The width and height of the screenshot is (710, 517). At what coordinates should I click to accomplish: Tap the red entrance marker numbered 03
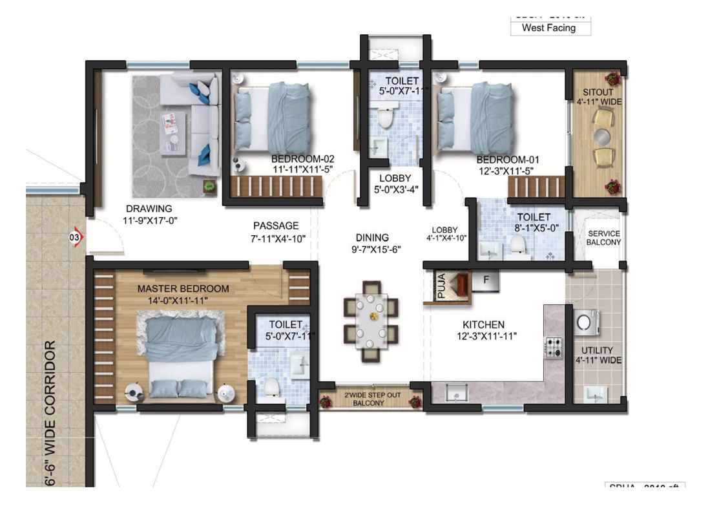tap(76, 238)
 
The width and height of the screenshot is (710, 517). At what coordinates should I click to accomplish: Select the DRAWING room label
tap(149, 209)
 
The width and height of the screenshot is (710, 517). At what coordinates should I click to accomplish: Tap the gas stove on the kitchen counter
tap(554, 348)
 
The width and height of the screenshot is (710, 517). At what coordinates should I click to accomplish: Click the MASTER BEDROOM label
tap(183, 289)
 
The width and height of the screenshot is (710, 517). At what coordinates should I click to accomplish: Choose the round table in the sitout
tap(602, 136)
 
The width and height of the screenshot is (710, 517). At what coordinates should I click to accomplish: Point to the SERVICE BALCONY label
tap(603, 238)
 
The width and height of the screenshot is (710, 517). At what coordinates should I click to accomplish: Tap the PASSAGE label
tap(276, 226)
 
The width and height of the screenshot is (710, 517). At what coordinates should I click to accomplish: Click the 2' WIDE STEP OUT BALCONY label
tap(368, 399)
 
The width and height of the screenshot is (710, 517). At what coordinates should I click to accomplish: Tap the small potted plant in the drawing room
tap(209, 186)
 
